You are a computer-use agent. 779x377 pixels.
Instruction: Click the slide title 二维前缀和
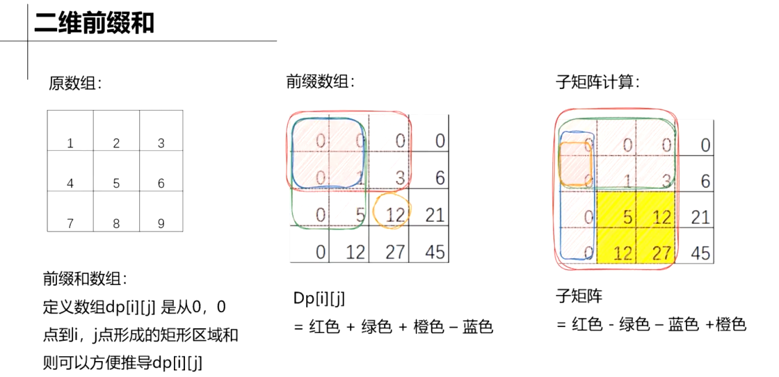point(94,24)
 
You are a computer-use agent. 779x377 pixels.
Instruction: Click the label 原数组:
point(75,83)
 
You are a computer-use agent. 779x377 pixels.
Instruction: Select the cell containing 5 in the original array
point(116,184)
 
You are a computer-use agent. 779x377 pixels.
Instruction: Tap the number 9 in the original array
point(161,224)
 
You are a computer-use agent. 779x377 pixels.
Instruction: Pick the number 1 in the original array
point(70,143)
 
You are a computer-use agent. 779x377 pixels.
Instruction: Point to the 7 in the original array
point(70,224)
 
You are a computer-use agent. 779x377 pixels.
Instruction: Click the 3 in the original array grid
point(161,143)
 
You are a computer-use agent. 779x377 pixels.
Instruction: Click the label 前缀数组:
point(321,81)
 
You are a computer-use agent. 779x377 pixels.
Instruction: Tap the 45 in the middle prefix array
point(435,251)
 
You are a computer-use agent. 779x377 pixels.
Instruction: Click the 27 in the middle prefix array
point(395,251)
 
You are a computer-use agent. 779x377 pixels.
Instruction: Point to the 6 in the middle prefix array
point(440,178)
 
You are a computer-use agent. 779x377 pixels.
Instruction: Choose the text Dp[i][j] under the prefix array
point(319,299)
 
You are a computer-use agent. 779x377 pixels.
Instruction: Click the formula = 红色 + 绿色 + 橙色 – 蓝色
point(393,326)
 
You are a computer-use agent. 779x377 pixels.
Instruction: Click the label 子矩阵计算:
point(597,81)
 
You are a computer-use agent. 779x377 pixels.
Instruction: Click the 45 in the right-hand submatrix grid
point(700,252)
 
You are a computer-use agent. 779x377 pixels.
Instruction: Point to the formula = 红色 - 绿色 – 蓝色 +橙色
point(651,324)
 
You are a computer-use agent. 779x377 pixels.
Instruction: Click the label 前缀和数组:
point(85,280)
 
